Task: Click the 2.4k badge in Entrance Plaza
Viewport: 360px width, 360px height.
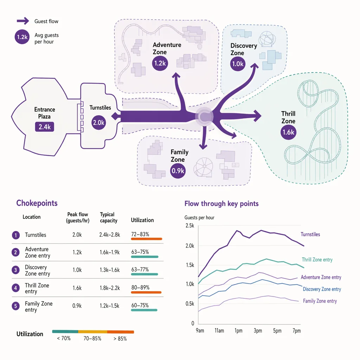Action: pos(45,127)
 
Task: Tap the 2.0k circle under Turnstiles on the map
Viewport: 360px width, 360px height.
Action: pos(98,123)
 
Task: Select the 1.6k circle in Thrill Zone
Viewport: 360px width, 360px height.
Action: pos(288,132)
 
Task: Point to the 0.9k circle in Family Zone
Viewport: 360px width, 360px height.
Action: pos(178,171)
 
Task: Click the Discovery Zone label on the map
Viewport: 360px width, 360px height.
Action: pos(244,49)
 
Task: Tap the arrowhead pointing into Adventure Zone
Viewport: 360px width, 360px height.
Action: pos(176,76)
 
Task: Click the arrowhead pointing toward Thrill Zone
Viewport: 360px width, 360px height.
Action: pos(257,115)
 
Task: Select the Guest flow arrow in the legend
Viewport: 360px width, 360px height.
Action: pos(23,21)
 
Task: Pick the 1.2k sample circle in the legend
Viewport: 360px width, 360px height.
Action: pos(22,37)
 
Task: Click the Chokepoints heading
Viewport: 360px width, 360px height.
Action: pos(37,203)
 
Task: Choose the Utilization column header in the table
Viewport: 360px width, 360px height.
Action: pos(142,220)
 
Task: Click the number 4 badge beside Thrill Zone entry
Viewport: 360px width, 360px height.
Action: pos(15,288)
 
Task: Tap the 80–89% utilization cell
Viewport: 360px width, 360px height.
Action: pos(140,288)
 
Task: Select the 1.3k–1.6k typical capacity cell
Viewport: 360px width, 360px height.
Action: pos(110,270)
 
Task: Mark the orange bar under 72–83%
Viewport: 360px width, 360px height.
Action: pos(147,239)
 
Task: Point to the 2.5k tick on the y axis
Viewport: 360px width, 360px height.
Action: pos(190,226)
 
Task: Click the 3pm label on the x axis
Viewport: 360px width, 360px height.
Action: pos(258,330)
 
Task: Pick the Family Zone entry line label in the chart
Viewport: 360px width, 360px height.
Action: pos(320,301)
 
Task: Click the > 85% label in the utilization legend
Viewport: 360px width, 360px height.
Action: pos(120,339)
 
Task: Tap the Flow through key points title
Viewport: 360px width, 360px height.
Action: pos(221,204)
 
